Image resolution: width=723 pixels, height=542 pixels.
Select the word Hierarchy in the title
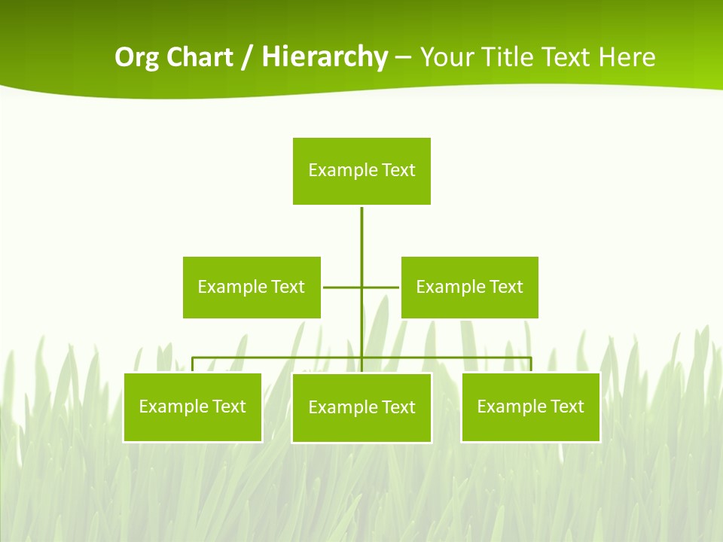325,57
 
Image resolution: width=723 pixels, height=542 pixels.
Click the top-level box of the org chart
361,171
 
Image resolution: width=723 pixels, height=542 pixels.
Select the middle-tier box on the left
252,287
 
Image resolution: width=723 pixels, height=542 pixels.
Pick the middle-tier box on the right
469,287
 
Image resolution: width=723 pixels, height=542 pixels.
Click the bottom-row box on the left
193,407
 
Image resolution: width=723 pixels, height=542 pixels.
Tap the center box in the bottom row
361,407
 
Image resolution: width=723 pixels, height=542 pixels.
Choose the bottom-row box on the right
531,407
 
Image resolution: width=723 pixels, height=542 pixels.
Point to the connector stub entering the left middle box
335,287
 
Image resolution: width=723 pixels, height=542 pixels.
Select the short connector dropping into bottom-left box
193,364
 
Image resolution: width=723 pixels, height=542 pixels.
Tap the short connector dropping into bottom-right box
531,364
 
